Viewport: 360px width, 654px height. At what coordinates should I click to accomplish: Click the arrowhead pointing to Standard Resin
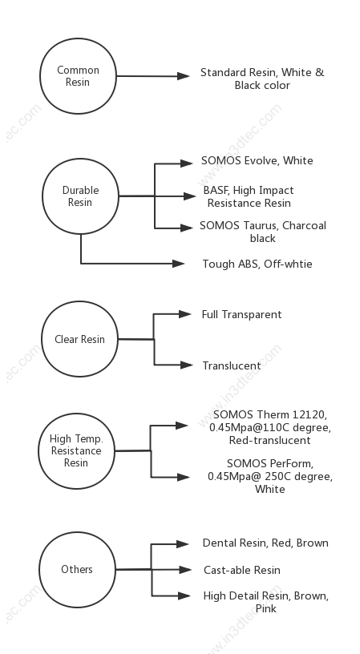pyautogui.click(x=184, y=76)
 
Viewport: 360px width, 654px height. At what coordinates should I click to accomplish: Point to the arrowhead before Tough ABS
pyautogui.click(x=179, y=263)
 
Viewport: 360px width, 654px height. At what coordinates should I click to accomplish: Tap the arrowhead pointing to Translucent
pyautogui.click(x=187, y=365)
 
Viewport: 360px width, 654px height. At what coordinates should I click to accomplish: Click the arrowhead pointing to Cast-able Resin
pyautogui.click(x=185, y=569)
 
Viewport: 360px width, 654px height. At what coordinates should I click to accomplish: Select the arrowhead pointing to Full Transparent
pyautogui.click(x=185, y=314)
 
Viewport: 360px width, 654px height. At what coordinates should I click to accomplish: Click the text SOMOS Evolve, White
pyautogui.click(x=257, y=161)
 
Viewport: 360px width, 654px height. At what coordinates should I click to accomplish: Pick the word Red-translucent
pyautogui.click(x=270, y=441)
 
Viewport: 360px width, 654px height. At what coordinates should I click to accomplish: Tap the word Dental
pyautogui.click(x=215, y=543)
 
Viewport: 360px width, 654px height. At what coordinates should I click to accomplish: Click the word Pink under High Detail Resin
pyautogui.click(x=266, y=608)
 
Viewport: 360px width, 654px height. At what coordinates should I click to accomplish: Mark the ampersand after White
pyautogui.click(x=320, y=73)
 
